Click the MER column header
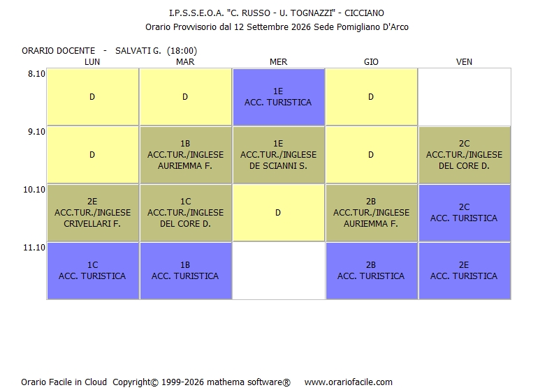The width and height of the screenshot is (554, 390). (x=279, y=62)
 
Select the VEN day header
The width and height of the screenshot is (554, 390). (x=464, y=62)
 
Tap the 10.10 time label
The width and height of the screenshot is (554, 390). (x=34, y=190)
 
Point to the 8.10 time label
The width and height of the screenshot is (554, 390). (x=37, y=74)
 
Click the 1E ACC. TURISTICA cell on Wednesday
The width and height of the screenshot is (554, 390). (x=279, y=97)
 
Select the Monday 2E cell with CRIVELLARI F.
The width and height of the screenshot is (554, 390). (x=93, y=213)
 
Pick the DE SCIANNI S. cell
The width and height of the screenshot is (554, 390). (x=279, y=155)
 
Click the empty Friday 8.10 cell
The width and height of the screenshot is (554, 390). (x=465, y=97)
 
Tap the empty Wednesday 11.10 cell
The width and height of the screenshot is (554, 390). (x=279, y=271)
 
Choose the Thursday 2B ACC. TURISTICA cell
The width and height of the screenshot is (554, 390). (x=372, y=271)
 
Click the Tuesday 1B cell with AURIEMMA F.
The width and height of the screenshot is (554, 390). (x=186, y=155)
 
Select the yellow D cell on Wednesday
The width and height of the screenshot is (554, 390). (x=279, y=213)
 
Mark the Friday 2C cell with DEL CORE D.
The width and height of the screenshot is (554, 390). (x=465, y=155)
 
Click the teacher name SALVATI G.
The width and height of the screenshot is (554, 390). (x=138, y=51)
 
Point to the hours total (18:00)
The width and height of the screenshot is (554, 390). (x=182, y=51)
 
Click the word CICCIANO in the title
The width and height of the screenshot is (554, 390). (x=364, y=13)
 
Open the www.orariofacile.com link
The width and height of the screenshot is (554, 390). (x=349, y=382)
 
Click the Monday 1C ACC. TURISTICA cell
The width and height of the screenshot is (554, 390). (x=93, y=271)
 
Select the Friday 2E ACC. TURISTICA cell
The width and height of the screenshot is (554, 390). (x=465, y=271)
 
